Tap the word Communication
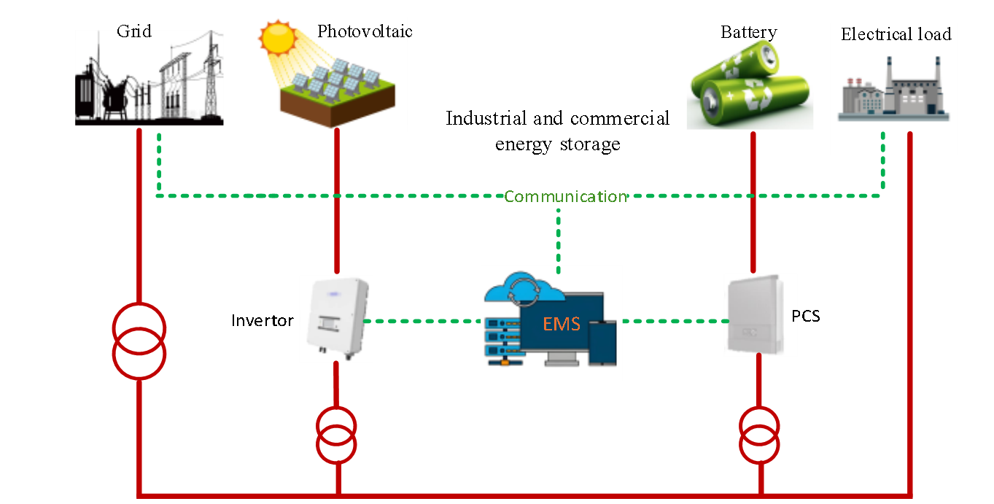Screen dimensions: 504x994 [x=565, y=196]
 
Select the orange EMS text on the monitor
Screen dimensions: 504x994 [x=562, y=323]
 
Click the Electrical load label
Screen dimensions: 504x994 [x=896, y=34]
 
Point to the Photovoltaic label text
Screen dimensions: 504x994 [x=362, y=31]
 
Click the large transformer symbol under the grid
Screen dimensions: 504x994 [x=139, y=341]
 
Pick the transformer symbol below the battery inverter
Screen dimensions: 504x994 [x=759, y=435]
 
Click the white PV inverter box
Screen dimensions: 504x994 [x=335, y=319]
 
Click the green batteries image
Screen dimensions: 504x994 [x=749, y=83]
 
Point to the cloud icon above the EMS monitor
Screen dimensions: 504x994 [x=523, y=289]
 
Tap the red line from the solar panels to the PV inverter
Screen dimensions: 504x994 [x=337, y=204]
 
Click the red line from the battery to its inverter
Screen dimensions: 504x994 [x=753, y=204]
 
